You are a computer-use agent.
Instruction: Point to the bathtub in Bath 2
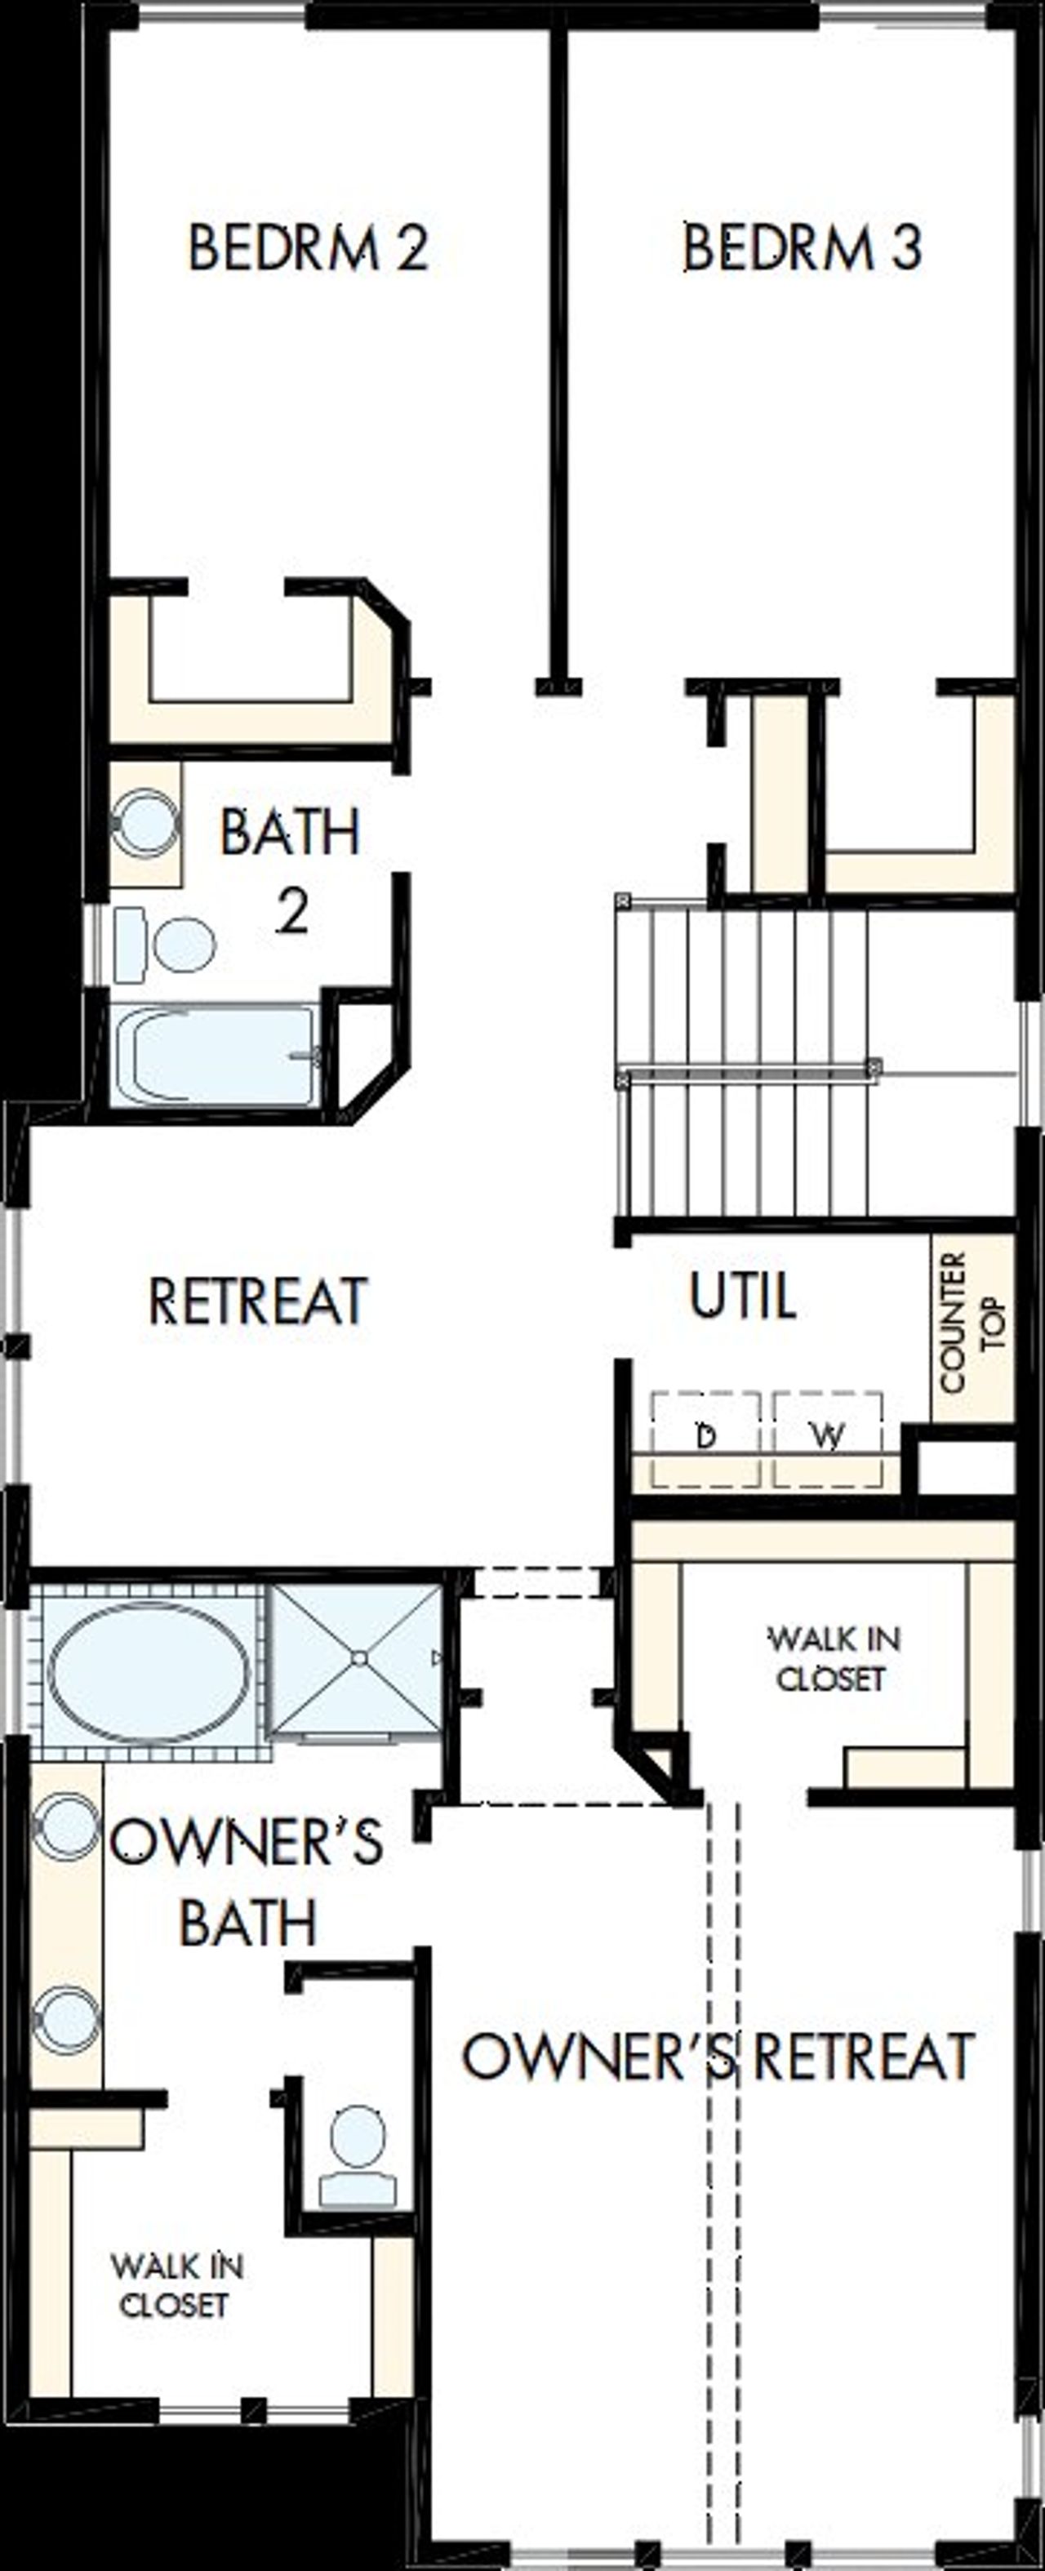[x=215, y=1056]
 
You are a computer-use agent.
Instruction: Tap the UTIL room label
[x=743, y=1296]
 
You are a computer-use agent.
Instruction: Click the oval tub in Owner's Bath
[x=149, y=1673]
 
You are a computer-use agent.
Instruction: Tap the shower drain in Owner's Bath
[x=358, y=1657]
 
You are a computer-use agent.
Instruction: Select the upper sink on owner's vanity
[x=67, y=1826]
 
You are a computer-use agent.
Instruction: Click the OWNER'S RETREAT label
[x=718, y=2056]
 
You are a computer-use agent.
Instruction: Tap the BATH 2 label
[x=291, y=870]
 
